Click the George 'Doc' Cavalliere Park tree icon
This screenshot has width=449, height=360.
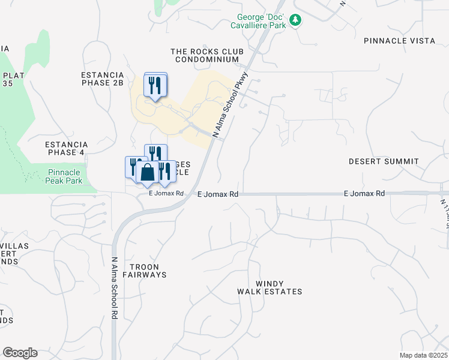coord(295,20)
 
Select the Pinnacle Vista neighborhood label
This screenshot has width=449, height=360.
coord(399,40)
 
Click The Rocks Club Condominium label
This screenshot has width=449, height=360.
coord(205,56)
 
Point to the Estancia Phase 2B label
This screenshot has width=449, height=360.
coord(102,79)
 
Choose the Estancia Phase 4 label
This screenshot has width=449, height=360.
coord(67,148)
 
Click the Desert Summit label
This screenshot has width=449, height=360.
coord(384,161)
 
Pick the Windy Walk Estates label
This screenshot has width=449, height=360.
coord(270,287)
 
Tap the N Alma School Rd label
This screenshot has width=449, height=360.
coord(114,289)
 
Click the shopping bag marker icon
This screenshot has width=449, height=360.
coord(147,173)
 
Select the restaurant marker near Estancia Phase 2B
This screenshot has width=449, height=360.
coord(155,85)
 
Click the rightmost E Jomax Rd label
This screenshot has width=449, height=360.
coord(364,194)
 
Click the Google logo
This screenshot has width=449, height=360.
coord(20,353)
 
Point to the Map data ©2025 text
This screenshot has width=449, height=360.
coord(423,355)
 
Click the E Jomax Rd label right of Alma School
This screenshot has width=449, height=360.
coord(218,194)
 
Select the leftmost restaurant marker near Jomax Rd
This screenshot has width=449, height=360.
coord(133,166)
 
